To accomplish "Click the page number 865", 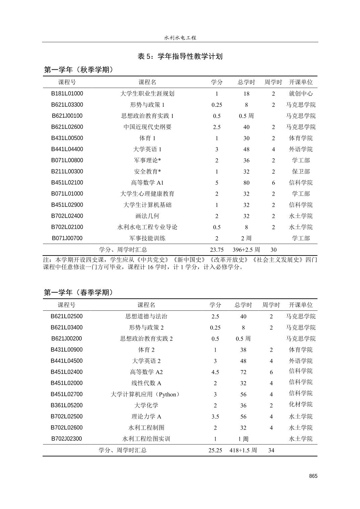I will [313, 476].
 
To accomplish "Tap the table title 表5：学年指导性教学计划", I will [180, 56].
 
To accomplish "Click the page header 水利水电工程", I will [180, 38].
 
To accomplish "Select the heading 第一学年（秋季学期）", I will [79, 70].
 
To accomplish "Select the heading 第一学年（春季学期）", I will [79, 292].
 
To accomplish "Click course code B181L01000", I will [67, 94].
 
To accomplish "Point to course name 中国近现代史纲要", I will [147, 127].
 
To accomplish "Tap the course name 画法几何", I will [147, 216].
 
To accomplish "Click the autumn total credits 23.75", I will [217, 249].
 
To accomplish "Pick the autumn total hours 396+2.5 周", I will [246, 249].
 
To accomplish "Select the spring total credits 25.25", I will [215, 450].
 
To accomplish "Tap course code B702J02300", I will [67, 439].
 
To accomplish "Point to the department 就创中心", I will [301, 94].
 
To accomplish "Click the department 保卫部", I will [301, 171].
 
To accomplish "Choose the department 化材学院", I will [301, 405].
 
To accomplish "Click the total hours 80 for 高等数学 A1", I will [246, 183].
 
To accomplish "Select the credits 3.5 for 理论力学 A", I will [215, 417].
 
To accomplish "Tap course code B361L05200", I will [67, 405].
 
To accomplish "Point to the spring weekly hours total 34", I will [271, 450].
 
